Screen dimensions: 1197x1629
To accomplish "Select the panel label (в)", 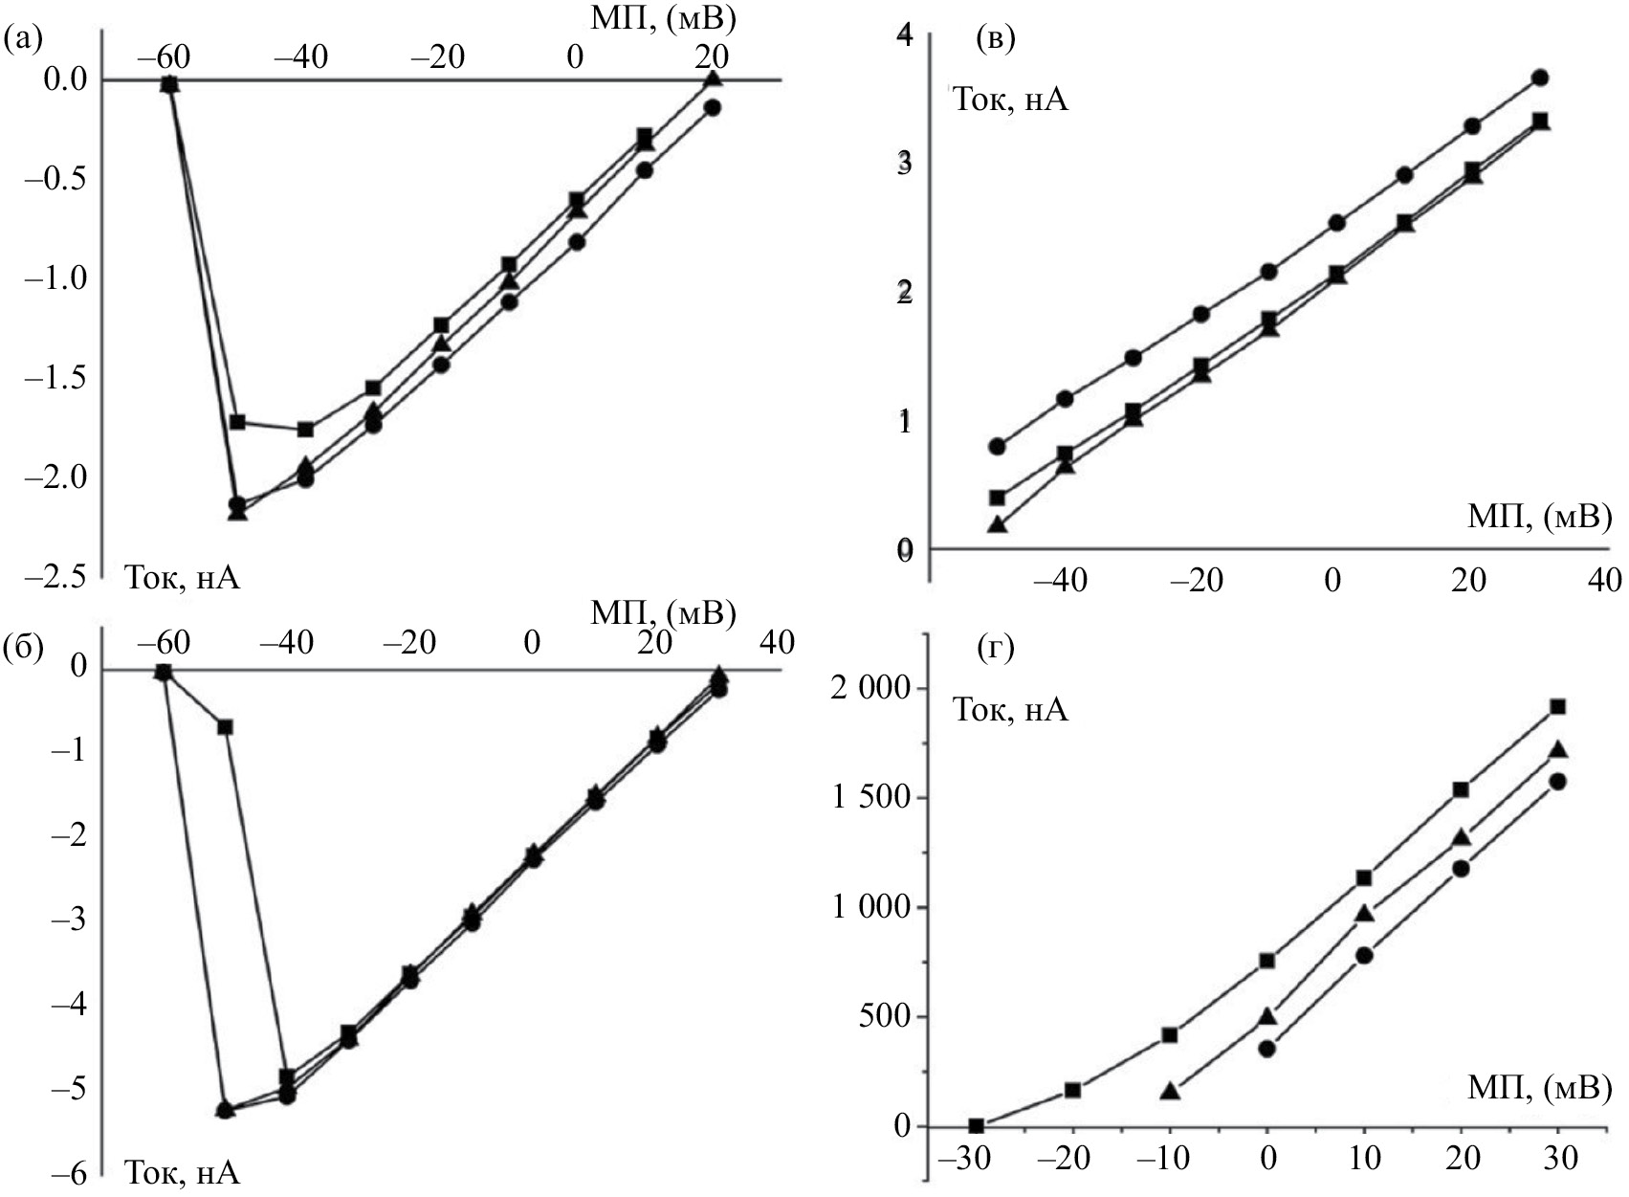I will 994,39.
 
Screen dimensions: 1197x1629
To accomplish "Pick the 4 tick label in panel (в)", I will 903,36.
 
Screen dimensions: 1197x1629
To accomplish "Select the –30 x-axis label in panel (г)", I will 963,1159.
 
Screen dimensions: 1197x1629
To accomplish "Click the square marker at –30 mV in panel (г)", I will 976,1126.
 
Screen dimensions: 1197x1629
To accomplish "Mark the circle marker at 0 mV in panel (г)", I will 1267,1049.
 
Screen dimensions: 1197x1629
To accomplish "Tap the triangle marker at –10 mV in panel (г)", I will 1170,1091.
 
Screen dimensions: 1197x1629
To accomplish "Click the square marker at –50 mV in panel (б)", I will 226,727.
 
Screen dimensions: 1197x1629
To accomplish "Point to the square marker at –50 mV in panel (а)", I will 238,422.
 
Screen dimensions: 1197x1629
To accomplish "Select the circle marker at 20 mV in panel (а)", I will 712,108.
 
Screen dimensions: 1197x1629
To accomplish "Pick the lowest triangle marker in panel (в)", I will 998,525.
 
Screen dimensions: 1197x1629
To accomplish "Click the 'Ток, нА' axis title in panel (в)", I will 1010,100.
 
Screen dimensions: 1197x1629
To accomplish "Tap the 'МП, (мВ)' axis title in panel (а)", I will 661,17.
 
